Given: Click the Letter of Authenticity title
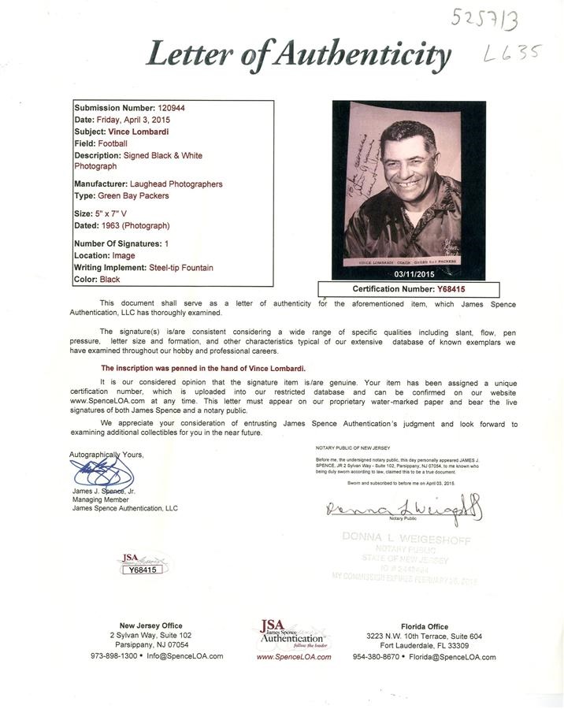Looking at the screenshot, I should tap(299, 55).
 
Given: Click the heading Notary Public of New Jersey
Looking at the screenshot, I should tap(352, 447).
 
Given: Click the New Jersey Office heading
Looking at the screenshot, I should tap(150, 625).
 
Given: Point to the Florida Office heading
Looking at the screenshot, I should tap(425, 625).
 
